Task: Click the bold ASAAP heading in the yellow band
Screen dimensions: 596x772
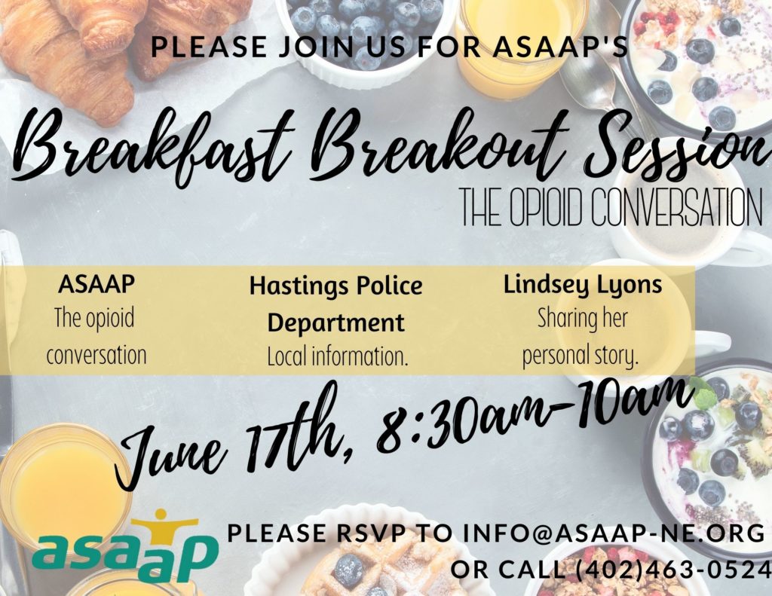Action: pos(96,286)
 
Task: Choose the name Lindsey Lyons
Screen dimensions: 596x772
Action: pos(582,285)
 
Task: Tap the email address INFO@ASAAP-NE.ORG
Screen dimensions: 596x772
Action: pos(614,533)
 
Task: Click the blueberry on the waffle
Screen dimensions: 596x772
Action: pos(348,570)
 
